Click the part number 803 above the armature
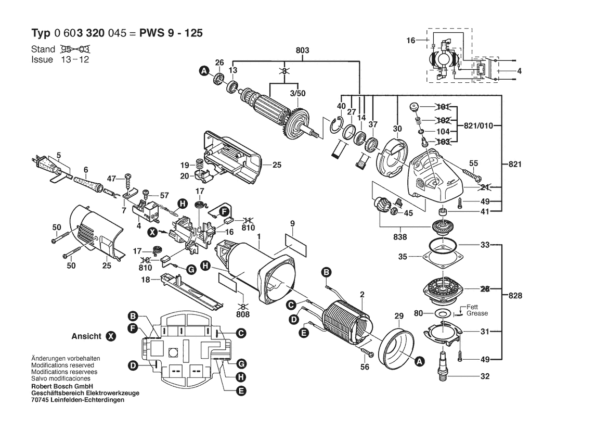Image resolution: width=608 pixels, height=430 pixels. coord(303,50)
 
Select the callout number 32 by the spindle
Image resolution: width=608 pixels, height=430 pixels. coord(485,376)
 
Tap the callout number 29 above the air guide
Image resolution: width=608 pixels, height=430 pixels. coord(399,317)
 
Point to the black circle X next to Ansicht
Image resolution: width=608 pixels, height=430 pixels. coord(111,336)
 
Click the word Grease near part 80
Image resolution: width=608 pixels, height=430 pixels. coord(477,313)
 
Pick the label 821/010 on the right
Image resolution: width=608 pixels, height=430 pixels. coord(478,126)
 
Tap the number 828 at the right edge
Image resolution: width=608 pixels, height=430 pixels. coord(515,295)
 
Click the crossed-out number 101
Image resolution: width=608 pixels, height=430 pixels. coord(443,107)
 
